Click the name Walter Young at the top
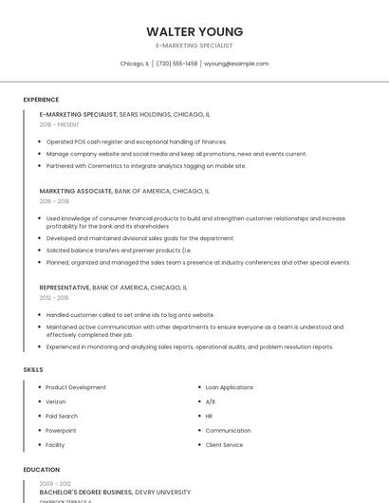click(194, 31)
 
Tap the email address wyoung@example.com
click(236, 64)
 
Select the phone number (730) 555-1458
click(176, 64)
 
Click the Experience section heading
click(41, 100)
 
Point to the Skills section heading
click(33, 368)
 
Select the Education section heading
click(41, 469)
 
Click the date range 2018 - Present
click(60, 124)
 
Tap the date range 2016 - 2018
click(54, 201)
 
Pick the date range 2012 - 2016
click(54, 297)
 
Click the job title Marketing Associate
click(76, 191)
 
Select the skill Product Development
click(76, 387)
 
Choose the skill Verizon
click(56, 401)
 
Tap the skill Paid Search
click(62, 416)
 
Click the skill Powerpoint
click(61, 430)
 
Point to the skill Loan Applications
click(230, 387)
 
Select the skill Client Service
click(225, 444)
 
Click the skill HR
click(210, 416)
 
